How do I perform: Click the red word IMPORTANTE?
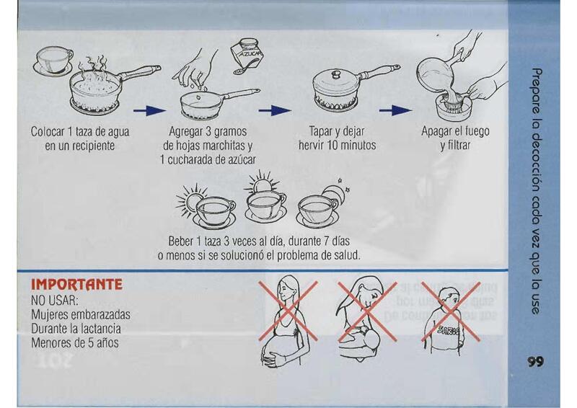tap(76, 285)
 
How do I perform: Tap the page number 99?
tap(535, 362)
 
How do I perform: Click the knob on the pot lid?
tap(336, 75)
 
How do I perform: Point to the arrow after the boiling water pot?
tap(149, 110)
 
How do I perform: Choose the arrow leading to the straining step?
tap(395, 110)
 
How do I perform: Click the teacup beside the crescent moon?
tap(317, 210)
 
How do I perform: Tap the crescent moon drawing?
tap(335, 192)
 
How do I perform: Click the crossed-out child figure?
tap(449, 318)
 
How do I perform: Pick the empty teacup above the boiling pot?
tap(53, 60)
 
